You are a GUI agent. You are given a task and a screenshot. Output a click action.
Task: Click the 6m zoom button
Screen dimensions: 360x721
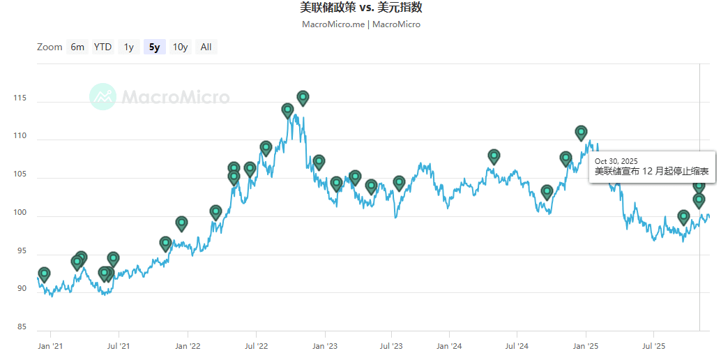pyautogui.click(x=77, y=47)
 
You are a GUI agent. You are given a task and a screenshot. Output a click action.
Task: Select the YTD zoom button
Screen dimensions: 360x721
pyautogui.click(x=103, y=47)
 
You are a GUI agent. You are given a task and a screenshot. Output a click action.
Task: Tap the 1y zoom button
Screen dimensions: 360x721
pyautogui.click(x=128, y=47)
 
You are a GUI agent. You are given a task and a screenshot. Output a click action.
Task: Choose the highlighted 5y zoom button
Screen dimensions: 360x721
pyautogui.click(x=154, y=47)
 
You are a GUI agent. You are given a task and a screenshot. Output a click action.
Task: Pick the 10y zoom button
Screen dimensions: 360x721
pyautogui.click(x=180, y=47)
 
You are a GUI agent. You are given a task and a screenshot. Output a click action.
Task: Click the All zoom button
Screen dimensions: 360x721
pyautogui.click(x=206, y=47)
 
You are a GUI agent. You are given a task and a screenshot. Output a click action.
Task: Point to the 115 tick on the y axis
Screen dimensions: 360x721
pyautogui.click(x=20, y=98)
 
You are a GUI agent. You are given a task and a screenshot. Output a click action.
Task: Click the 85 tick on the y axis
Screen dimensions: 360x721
pyautogui.click(x=22, y=327)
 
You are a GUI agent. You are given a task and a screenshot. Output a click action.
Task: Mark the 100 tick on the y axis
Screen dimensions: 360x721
pyautogui.click(x=20, y=212)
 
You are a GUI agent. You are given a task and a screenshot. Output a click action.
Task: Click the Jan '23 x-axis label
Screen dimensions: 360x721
pyautogui.click(x=324, y=345)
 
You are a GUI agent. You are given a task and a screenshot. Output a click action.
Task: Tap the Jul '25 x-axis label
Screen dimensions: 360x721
pyautogui.click(x=653, y=345)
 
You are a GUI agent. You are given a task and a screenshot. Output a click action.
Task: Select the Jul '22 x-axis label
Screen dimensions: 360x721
pyautogui.click(x=257, y=345)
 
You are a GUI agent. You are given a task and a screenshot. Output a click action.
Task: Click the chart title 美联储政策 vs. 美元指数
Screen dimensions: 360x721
pyautogui.click(x=360, y=8)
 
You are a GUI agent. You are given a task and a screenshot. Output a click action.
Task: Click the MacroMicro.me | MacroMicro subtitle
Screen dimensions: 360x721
pyautogui.click(x=360, y=24)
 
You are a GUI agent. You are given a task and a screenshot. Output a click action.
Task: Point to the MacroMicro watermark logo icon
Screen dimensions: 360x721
pyautogui.click(x=103, y=96)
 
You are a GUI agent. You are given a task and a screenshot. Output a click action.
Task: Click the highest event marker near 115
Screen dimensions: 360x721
pyautogui.click(x=303, y=97)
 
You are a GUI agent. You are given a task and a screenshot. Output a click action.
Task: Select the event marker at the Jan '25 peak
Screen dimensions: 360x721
pyautogui.click(x=581, y=132)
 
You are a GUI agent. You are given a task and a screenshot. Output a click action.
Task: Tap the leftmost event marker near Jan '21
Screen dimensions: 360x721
pyautogui.click(x=44, y=273)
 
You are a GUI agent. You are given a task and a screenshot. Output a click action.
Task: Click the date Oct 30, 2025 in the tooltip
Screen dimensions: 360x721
pyautogui.click(x=616, y=161)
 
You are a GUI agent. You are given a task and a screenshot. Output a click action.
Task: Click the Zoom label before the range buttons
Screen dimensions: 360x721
pyautogui.click(x=50, y=47)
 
